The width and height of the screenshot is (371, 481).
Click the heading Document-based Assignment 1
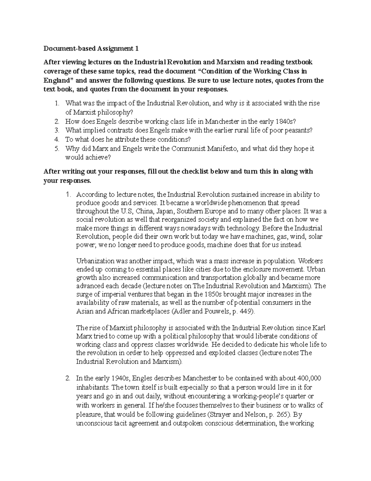click(x=91, y=49)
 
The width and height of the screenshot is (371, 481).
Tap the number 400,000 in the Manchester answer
click(x=309, y=378)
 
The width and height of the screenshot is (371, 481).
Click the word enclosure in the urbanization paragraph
click(x=260, y=269)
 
